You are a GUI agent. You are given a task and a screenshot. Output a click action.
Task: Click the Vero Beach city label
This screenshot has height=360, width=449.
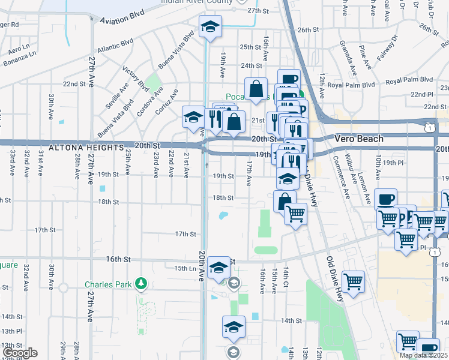click(x=358, y=139)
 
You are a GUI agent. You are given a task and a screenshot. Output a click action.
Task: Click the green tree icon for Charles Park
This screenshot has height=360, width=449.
click(x=141, y=282)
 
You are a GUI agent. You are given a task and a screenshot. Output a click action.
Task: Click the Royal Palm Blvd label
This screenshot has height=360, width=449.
click(x=409, y=80)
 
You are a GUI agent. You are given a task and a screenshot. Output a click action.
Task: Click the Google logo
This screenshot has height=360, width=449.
click(x=20, y=353)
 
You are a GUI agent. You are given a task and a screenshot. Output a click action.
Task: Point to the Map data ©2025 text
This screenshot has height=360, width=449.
click(x=423, y=355)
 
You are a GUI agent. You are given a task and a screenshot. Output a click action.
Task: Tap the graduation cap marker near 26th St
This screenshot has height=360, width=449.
click(x=211, y=27)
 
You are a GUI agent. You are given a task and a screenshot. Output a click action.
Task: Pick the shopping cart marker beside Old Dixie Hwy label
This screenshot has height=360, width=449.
click(x=354, y=281)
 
